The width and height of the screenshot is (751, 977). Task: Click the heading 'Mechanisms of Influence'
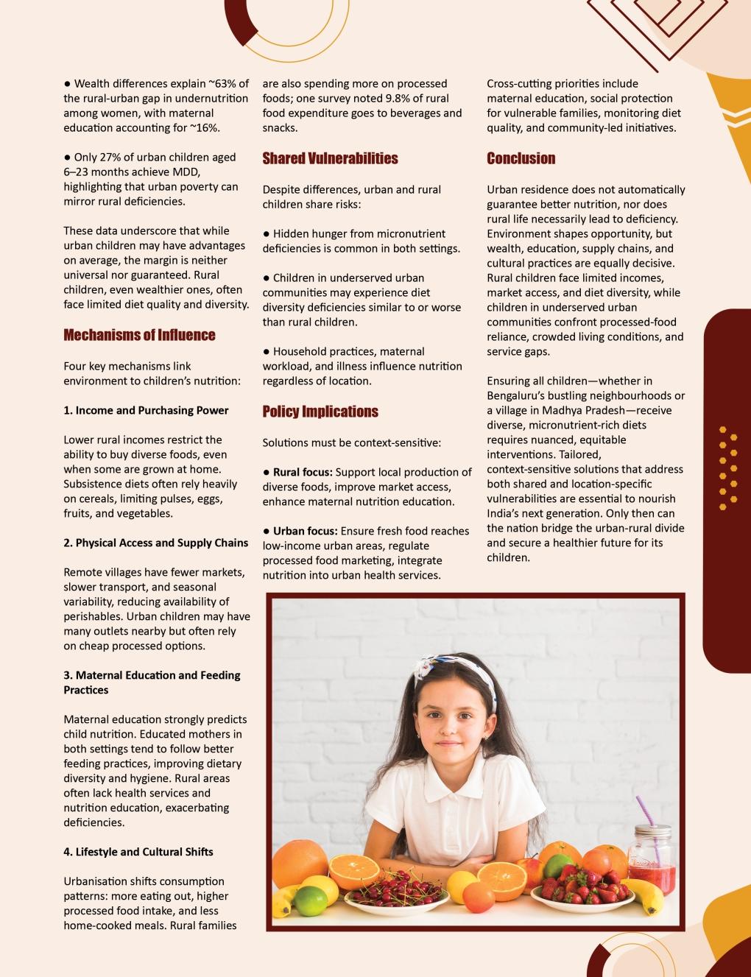click(139, 335)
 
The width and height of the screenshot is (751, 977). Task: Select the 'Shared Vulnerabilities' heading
click(330, 158)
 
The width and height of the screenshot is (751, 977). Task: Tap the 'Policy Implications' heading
click(320, 412)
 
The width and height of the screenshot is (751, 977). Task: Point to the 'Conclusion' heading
click(521, 158)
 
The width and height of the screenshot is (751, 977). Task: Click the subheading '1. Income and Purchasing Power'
click(146, 410)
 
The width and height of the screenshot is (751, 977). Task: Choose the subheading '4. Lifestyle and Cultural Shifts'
click(138, 852)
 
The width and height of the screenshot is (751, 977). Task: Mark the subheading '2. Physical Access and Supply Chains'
click(155, 543)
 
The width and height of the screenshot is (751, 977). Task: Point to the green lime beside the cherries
click(310, 900)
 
